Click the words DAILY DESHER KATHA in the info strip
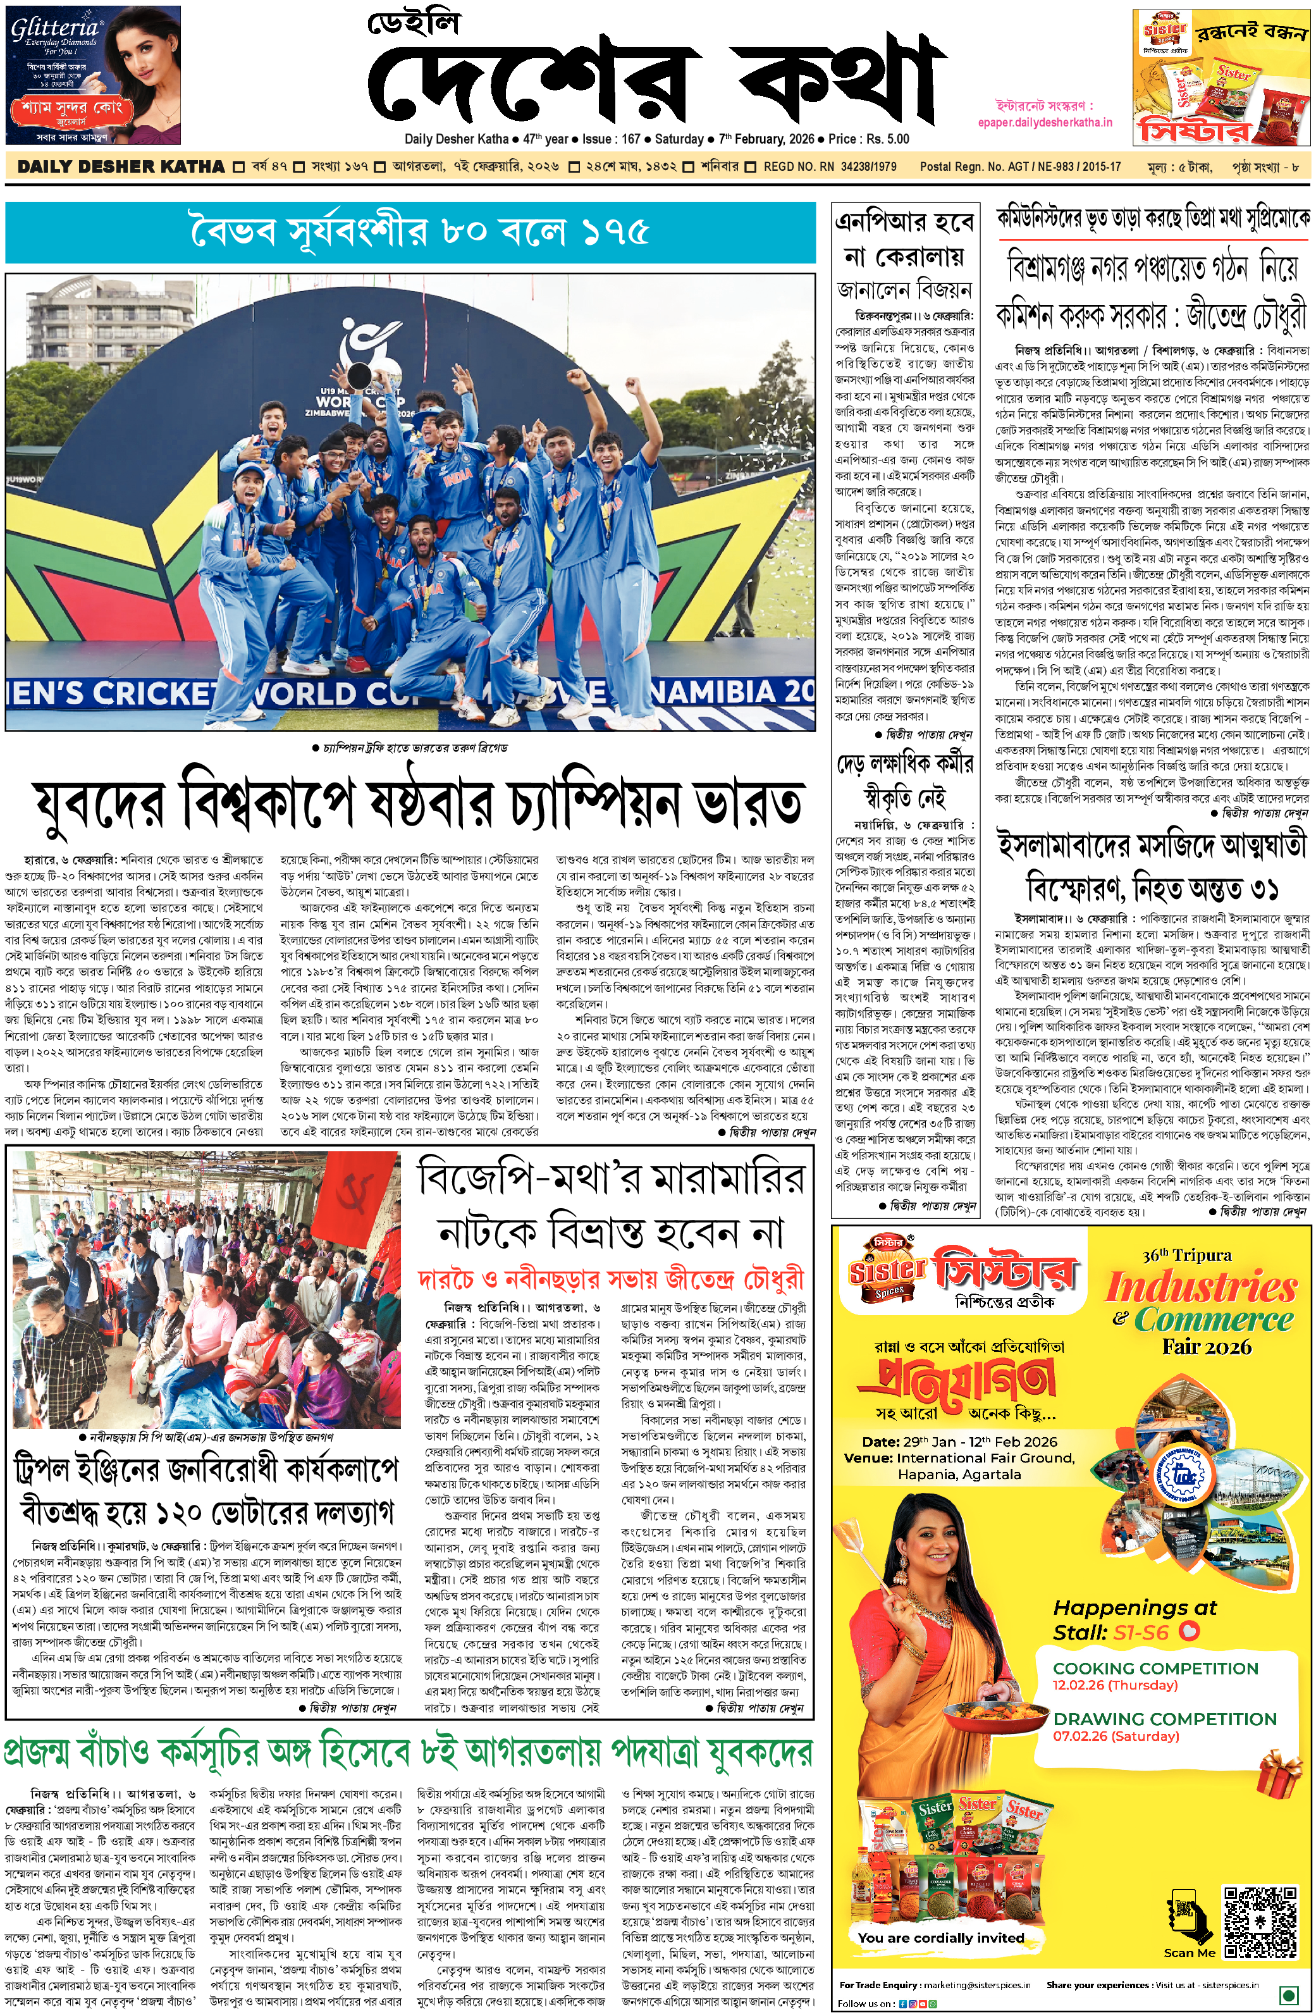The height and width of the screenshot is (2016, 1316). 121,167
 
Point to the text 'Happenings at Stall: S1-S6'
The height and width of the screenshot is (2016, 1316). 1135,1619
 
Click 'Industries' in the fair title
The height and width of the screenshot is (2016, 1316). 1201,1287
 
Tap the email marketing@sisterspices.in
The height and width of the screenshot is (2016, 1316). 976,1984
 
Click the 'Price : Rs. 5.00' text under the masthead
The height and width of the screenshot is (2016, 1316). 869,139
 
